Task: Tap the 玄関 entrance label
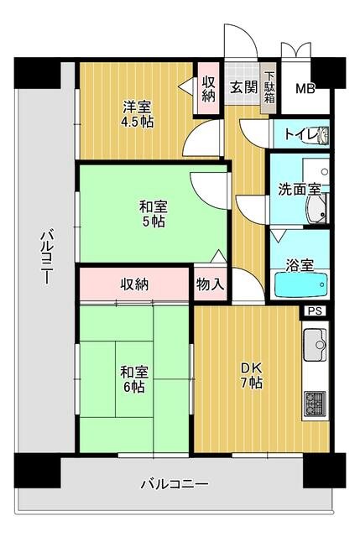coord(244,86)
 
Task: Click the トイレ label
coord(300,133)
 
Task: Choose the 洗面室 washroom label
coord(300,189)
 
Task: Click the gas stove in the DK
coord(316,403)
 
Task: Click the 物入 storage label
coord(210,284)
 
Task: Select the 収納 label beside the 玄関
coord(208,89)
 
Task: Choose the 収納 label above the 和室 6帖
coord(133,284)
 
